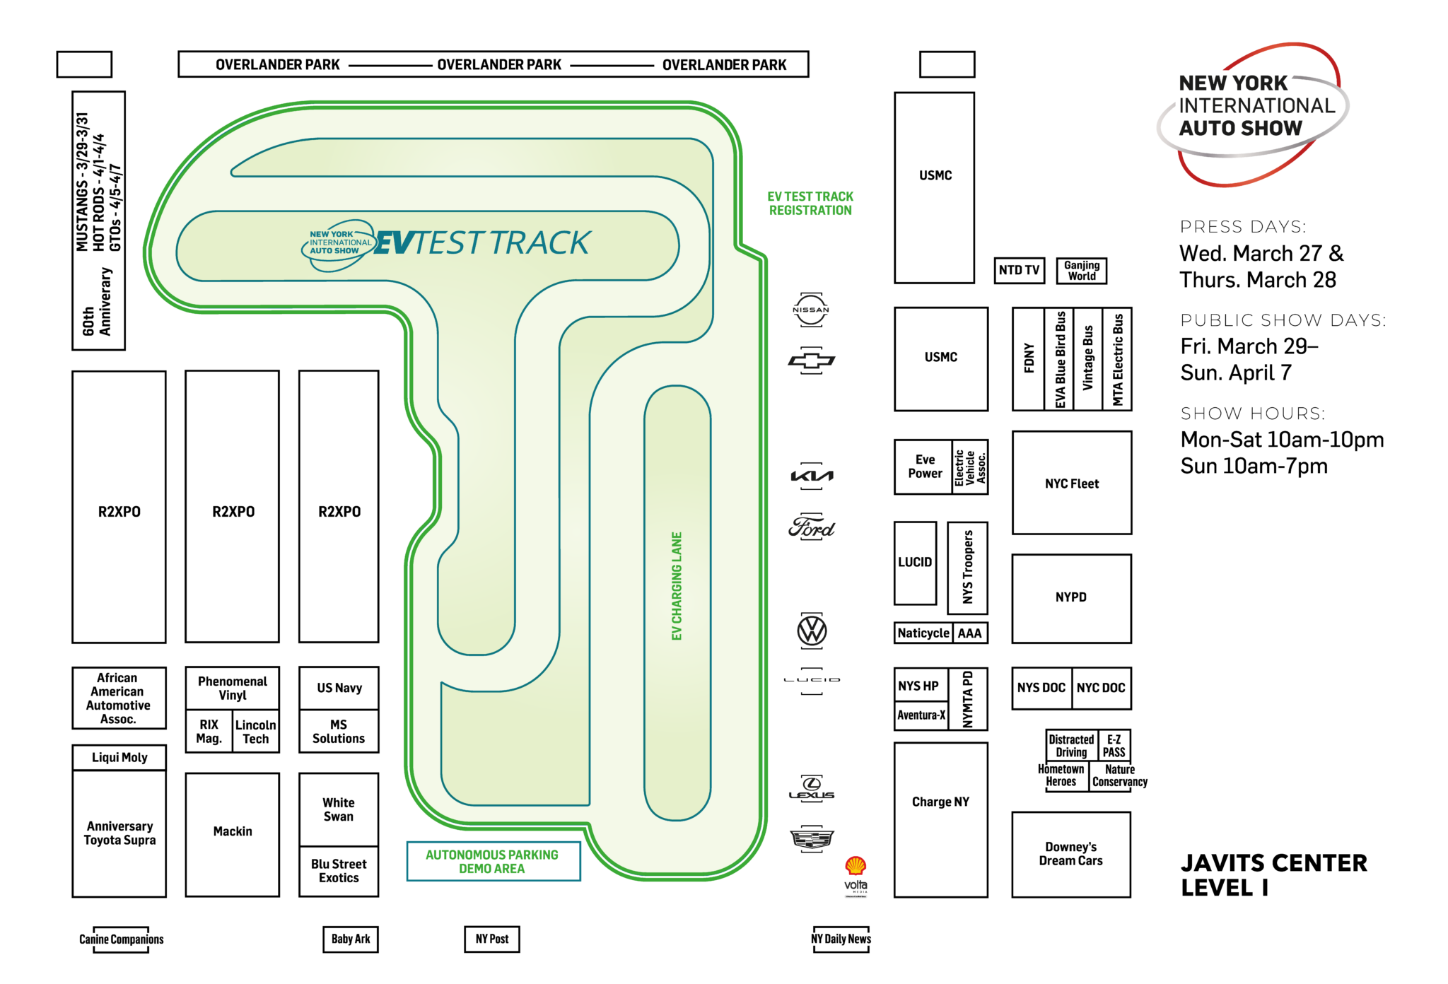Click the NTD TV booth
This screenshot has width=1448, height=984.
click(1019, 270)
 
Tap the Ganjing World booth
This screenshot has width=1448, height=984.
click(1081, 270)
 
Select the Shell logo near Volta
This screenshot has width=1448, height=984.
click(856, 865)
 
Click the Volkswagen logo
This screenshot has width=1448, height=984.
click(812, 631)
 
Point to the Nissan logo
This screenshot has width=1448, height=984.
click(810, 310)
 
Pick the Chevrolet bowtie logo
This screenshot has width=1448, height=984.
click(811, 361)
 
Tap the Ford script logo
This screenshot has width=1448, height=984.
click(811, 528)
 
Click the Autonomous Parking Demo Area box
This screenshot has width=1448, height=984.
click(493, 861)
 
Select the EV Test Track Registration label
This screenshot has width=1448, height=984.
click(810, 204)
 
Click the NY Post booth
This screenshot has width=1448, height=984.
click(492, 939)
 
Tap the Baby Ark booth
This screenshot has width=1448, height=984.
click(351, 939)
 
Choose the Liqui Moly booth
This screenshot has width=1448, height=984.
click(119, 757)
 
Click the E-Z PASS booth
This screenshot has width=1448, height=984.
click(1114, 746)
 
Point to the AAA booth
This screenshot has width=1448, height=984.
click(969, 633)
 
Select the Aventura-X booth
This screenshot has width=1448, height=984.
click(921, 715)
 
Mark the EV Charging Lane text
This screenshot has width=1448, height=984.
click(677, 586)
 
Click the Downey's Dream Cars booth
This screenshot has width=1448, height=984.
click(1070, 854)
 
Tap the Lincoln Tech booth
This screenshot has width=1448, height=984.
click(256, 732)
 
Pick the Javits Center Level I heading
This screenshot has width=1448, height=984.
click(1273, 875)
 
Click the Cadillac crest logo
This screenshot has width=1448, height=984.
click(812, 839)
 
